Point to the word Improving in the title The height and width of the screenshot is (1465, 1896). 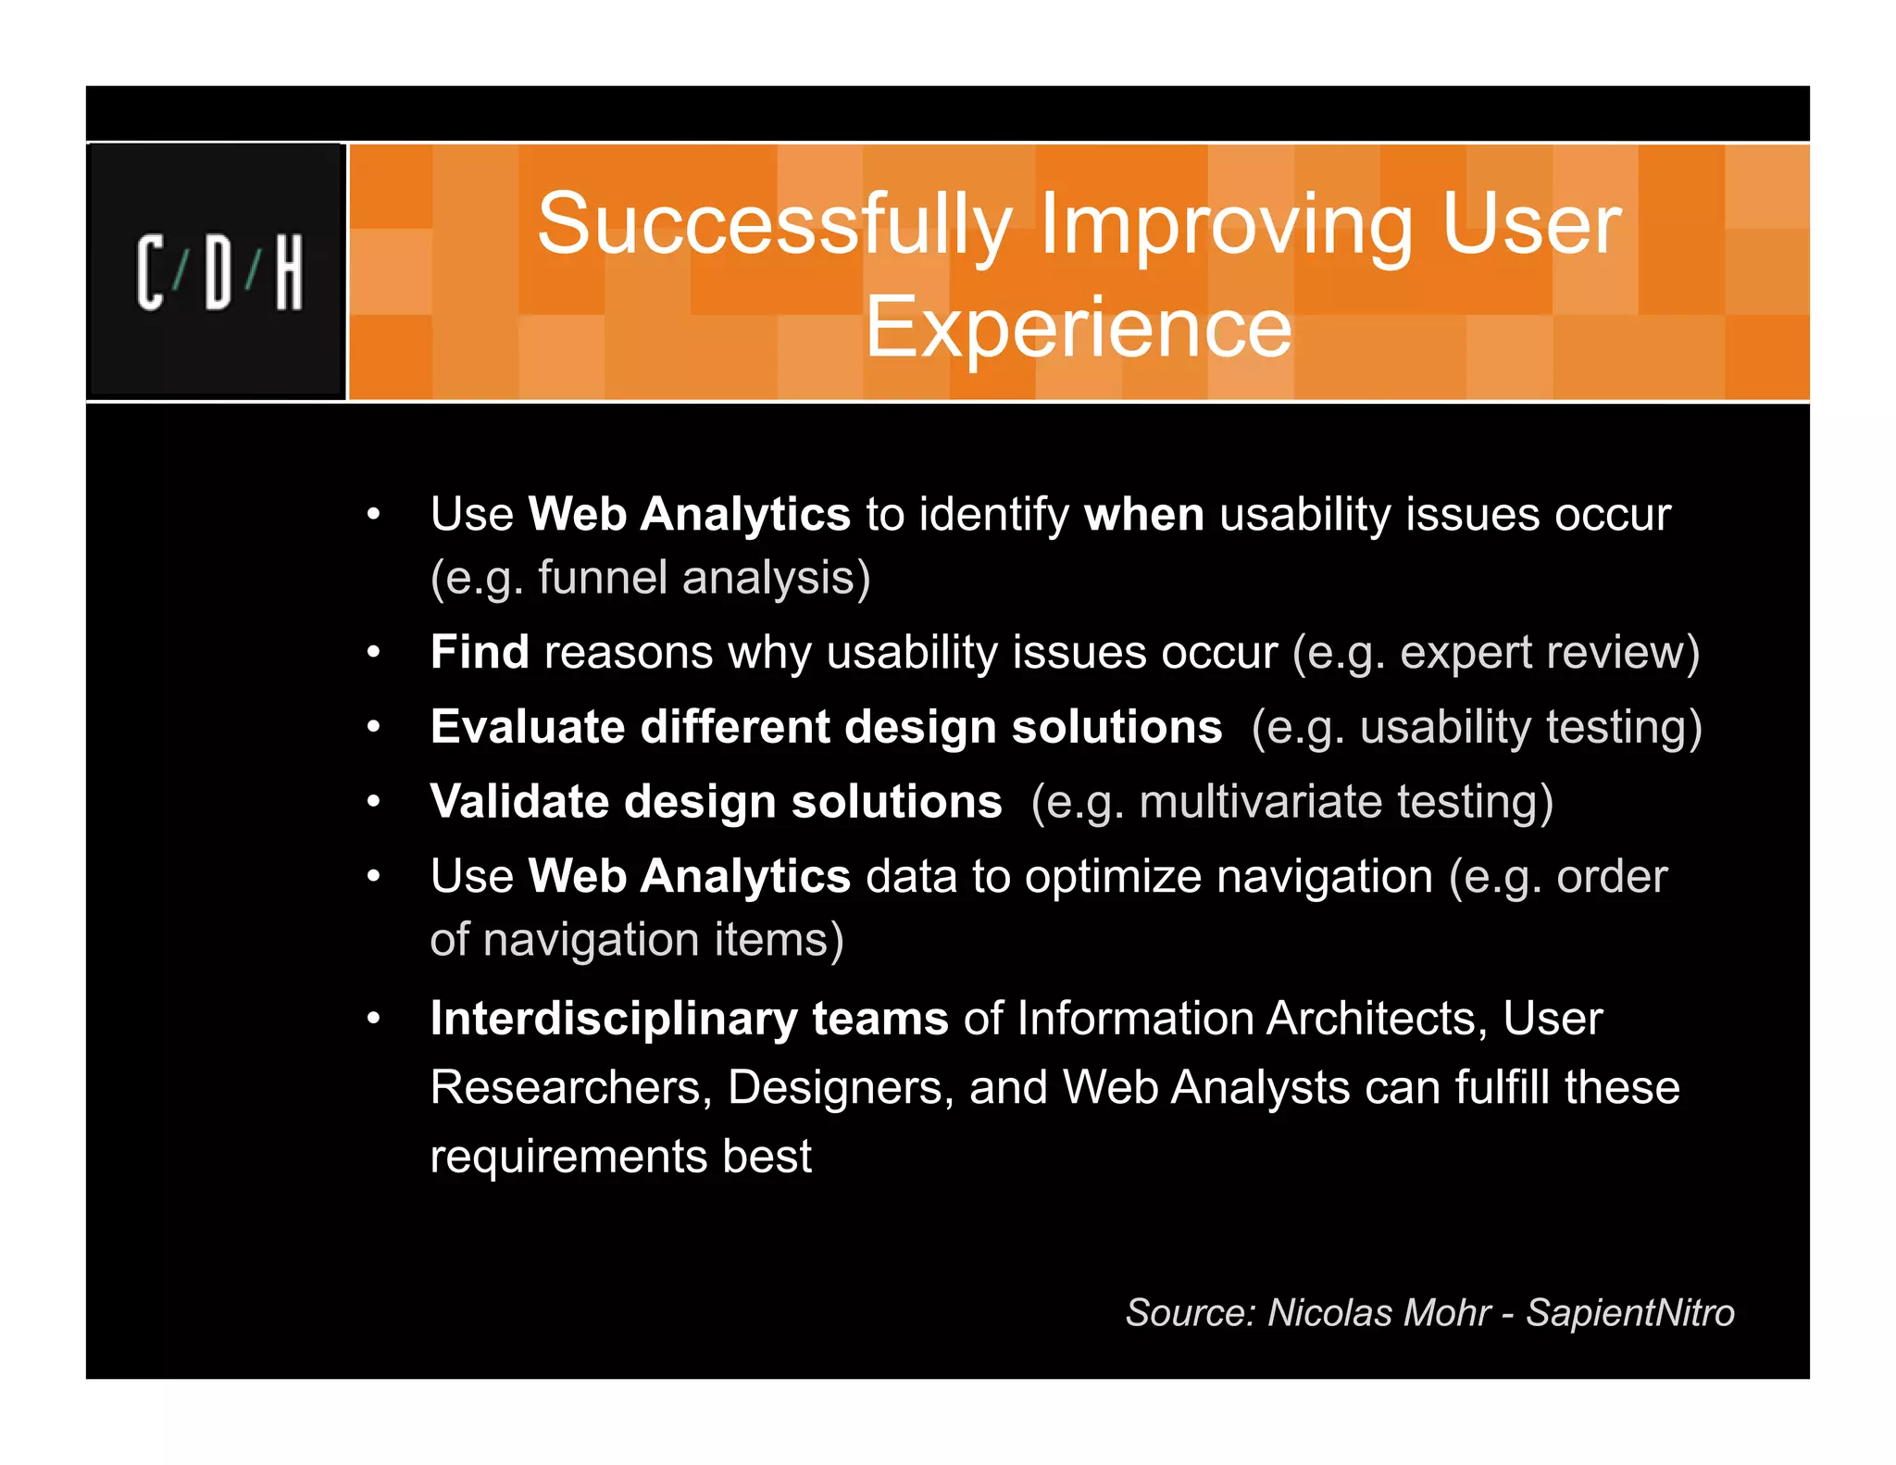[1226, 225]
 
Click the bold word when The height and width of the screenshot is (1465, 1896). [1143, 514]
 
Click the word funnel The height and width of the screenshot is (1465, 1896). [603, 578]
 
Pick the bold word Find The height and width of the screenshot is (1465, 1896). [480, 652]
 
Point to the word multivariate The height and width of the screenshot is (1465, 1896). [1260, 801]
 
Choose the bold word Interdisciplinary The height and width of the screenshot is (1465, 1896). [613, 1019]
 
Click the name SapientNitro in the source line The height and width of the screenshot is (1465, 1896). [1629, 1312]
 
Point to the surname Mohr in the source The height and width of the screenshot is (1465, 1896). [1447, 1312]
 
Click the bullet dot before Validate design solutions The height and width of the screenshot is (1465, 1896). [373, 801]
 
